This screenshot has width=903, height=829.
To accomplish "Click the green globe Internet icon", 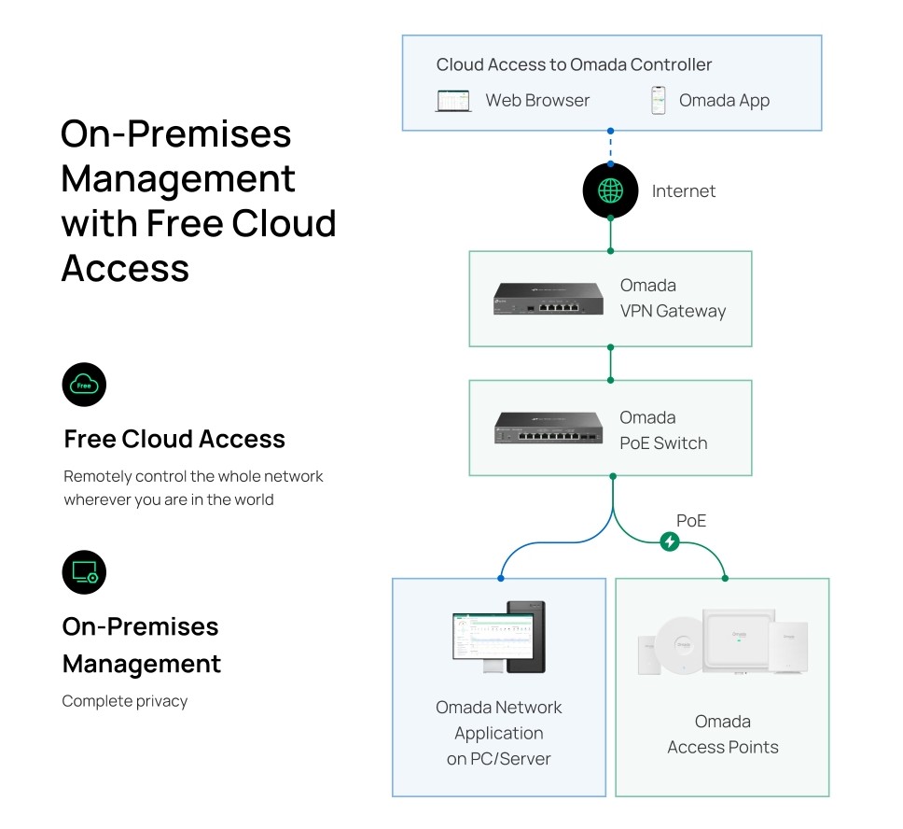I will pyautogui.click(x=610, y=190).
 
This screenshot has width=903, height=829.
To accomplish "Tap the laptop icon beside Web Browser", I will pyautogui.click(x=453, y=101).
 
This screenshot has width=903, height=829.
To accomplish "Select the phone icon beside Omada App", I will pyautogui.click(x=659, y=101).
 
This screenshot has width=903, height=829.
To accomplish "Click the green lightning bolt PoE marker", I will pyautogui.click(x=669, y=541).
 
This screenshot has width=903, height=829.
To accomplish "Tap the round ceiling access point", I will pyautogui.click(x=678, y=644).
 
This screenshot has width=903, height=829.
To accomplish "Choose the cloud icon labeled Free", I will pyautogui.click(x=84, y=385).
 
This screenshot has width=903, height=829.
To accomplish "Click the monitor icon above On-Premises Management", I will pyautogui.click(x=84, y=572).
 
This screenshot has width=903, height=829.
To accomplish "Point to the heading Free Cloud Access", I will pyautogui.click(x=174, y=439).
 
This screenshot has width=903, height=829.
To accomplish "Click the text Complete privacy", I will pyautogui.click(x=124, y=701).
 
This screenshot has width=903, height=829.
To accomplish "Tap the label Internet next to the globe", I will pyautogui.click(x=683, y=191).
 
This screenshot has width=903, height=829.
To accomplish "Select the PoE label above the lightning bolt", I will pyautogui.click(x=691, y=521).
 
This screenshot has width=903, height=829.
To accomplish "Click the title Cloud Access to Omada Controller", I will pyautogui.click(x=574, y=65).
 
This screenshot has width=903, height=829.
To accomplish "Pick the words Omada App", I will pyautogui.click(x=724, y=101).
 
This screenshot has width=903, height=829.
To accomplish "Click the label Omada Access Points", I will pyautogui.click(x=722, y=734).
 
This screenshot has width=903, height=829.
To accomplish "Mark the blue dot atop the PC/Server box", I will pyautogui.click(x=501, y=579).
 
